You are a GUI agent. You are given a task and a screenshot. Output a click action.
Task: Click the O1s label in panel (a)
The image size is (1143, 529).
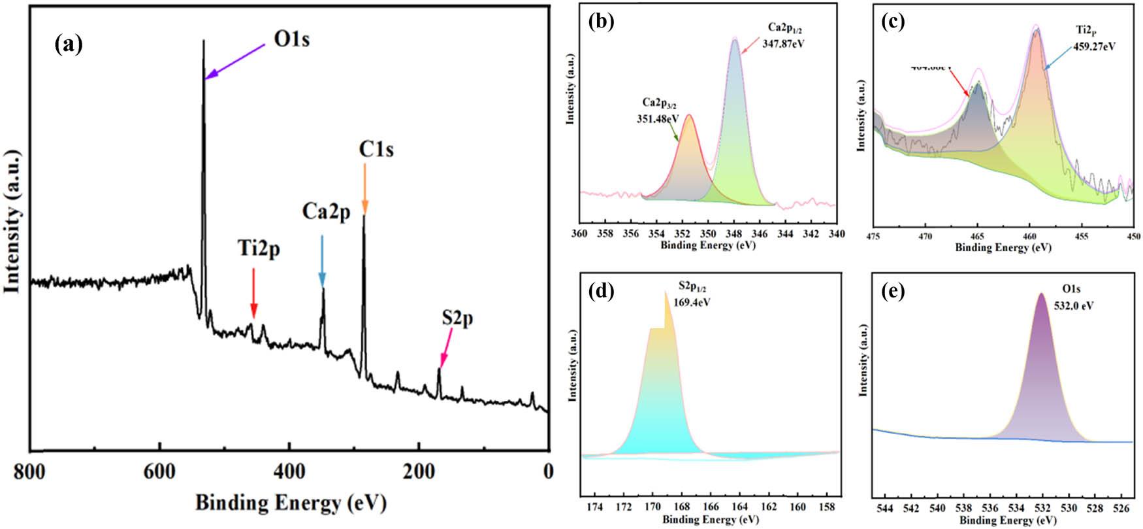pos(291,40)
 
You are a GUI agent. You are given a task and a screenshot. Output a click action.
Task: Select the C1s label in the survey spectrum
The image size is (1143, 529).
pos(376,150)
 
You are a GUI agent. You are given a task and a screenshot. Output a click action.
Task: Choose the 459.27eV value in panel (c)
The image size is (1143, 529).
pos(1095,47)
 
